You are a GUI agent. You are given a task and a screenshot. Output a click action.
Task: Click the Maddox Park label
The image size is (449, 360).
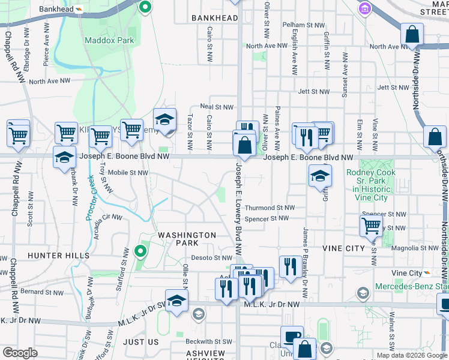[x=109, y=40]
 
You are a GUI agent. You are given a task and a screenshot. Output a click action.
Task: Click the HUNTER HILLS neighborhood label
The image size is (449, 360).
[x=58, y=256]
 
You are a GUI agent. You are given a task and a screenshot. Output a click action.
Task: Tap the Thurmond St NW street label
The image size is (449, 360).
[x=270, y=208]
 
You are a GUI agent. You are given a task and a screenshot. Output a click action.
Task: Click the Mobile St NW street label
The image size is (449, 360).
[x=128, y=173]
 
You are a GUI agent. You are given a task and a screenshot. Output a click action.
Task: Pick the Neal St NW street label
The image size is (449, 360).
[x=216, y=107]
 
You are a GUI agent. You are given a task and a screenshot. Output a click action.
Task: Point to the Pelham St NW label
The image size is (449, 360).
[x=307, y=25]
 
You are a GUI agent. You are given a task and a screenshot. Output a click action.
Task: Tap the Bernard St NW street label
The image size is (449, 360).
[x=41, y=292]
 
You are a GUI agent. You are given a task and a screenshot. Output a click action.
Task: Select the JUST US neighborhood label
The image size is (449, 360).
[x=140, y=341]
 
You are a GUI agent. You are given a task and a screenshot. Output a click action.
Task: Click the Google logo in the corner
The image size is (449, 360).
[x=20, y=353]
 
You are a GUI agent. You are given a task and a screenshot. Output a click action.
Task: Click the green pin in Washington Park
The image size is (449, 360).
[x=140, y=251]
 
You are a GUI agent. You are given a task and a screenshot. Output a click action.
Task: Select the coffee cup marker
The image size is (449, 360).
[x=292, y=337]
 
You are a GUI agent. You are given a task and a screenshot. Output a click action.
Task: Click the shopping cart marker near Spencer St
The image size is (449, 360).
[x=371, y=226]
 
